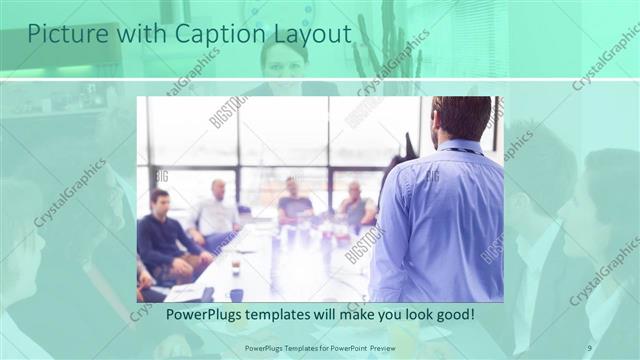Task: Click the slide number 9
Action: [x=590, y=347]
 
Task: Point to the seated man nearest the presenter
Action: [x=357, y=204]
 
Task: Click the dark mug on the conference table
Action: [x=236, y=294]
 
